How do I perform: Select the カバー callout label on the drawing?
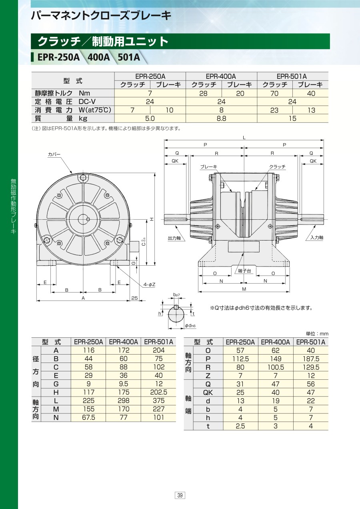(54, 154)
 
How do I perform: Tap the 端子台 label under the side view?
(244, 271)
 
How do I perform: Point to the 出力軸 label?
(174, 238)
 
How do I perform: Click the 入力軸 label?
(317, 238)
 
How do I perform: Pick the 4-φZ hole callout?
(149, 285)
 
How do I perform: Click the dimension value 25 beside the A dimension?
(134, 298)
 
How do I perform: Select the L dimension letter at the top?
(244, 138)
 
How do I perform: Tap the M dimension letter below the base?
(244, 289)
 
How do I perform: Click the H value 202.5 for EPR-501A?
(158, 392)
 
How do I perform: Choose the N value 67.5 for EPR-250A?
(88, 417)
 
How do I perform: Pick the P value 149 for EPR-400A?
(276, 359)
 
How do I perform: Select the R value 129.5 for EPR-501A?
(311, 367)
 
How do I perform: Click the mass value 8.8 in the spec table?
(221, 118)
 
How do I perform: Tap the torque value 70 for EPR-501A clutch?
(274, 93)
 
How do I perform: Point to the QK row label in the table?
(208, 393)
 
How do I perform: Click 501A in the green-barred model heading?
(129, 57)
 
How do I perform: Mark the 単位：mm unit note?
(317, 334)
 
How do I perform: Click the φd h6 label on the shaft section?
(190, 326)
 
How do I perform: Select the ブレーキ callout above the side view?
(208, 166)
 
